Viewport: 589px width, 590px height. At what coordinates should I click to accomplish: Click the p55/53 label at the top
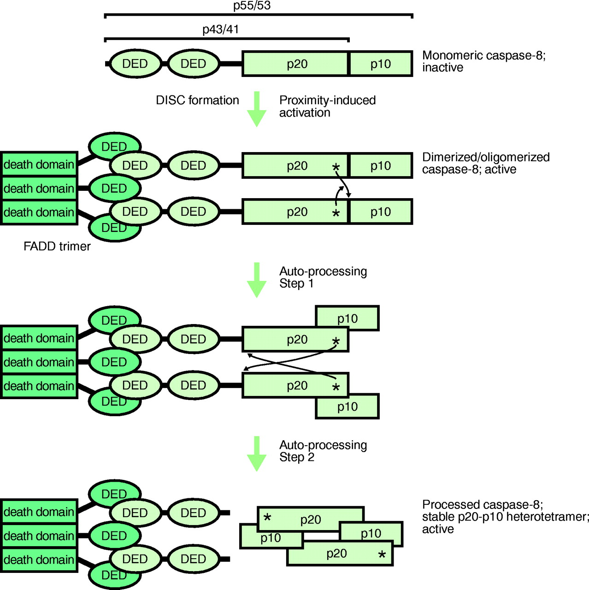pos(252,6)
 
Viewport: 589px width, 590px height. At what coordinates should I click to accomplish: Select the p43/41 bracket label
pos(220,29)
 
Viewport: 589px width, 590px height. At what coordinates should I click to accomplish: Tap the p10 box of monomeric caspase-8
pos(381,64)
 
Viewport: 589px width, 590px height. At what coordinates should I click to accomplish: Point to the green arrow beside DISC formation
pos(257,109)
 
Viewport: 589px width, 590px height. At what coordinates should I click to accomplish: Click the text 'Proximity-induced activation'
pos(327,106)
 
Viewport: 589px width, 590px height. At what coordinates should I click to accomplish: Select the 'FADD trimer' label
pos(57,247)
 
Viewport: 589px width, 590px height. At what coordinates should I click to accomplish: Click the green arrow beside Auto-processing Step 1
pos(257,280)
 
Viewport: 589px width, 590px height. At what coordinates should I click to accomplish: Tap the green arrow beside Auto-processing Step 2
pos(257,454)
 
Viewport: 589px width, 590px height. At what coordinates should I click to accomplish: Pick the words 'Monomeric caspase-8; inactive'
pos(483,61)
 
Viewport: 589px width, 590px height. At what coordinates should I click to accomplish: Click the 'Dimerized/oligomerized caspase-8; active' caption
pos(486,163)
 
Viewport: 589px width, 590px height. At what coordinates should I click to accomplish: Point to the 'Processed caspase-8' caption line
pos(482,505)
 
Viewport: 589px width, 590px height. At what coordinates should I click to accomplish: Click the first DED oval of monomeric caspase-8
pos(135,64)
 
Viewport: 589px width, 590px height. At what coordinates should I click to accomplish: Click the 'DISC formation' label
pos(197,100)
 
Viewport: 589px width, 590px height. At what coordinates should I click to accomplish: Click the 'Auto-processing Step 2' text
pos(323,451)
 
